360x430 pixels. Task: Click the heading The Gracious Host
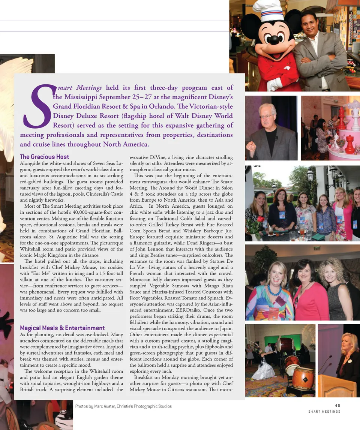click(x=44, y=157)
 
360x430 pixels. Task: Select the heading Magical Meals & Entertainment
click(x=62, y=328)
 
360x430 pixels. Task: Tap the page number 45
click(x=337, y=405)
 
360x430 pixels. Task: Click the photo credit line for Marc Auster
click(x=123, y=406)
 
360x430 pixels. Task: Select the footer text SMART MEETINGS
click(x=324, y=412)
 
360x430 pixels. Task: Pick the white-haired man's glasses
click(x=266, y=117)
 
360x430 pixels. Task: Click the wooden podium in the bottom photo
click(x=336, y=386)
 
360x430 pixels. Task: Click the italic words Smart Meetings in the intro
click(x=79, y=88)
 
